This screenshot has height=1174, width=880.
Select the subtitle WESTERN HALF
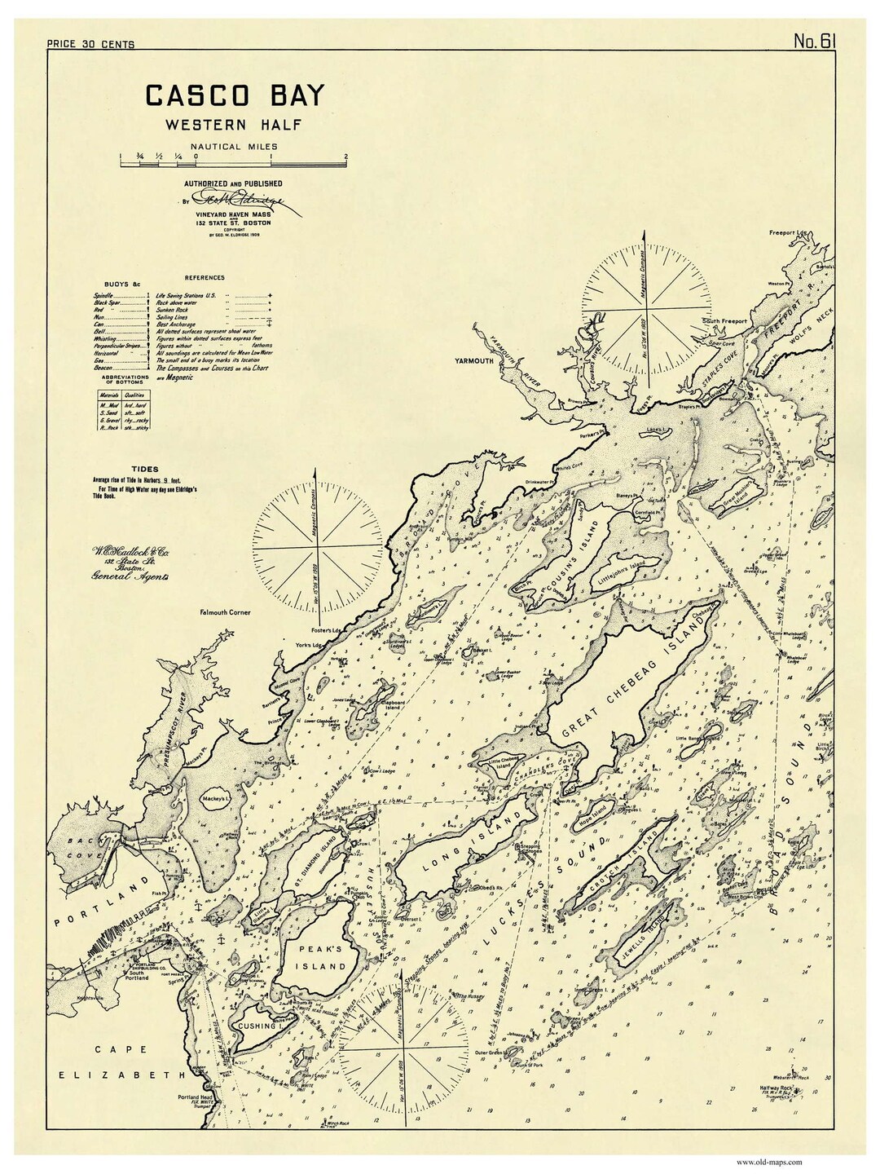(222, 125)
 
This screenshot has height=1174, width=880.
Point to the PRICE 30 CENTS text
(90, 44)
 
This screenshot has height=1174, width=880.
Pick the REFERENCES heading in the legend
(204, 278)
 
